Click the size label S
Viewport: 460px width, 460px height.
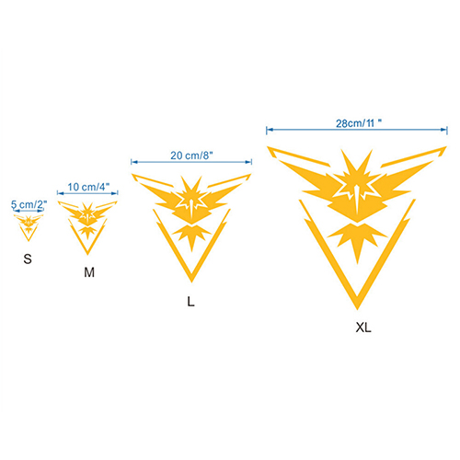[28, 259]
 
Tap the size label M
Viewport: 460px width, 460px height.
[89, 272]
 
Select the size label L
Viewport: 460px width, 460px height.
[190, 302]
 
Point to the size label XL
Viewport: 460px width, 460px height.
[363, 328]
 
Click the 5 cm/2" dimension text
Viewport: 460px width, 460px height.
[29, 204]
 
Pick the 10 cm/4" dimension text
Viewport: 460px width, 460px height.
[88, 187]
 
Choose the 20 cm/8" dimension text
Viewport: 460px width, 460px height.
[191, 155]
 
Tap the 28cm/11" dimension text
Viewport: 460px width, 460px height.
[359, 123]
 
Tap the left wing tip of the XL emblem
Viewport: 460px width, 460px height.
[268, 147]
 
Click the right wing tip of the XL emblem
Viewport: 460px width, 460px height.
[446, 147]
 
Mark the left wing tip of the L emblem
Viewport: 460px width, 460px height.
[132, 175]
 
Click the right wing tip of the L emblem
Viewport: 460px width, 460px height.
[251, 175]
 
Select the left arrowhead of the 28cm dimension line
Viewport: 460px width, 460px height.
[270, 130]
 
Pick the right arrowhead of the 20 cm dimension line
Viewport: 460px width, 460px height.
[248, 162]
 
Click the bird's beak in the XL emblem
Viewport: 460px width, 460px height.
[357, 200]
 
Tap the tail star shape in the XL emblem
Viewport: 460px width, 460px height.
[357, 239]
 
